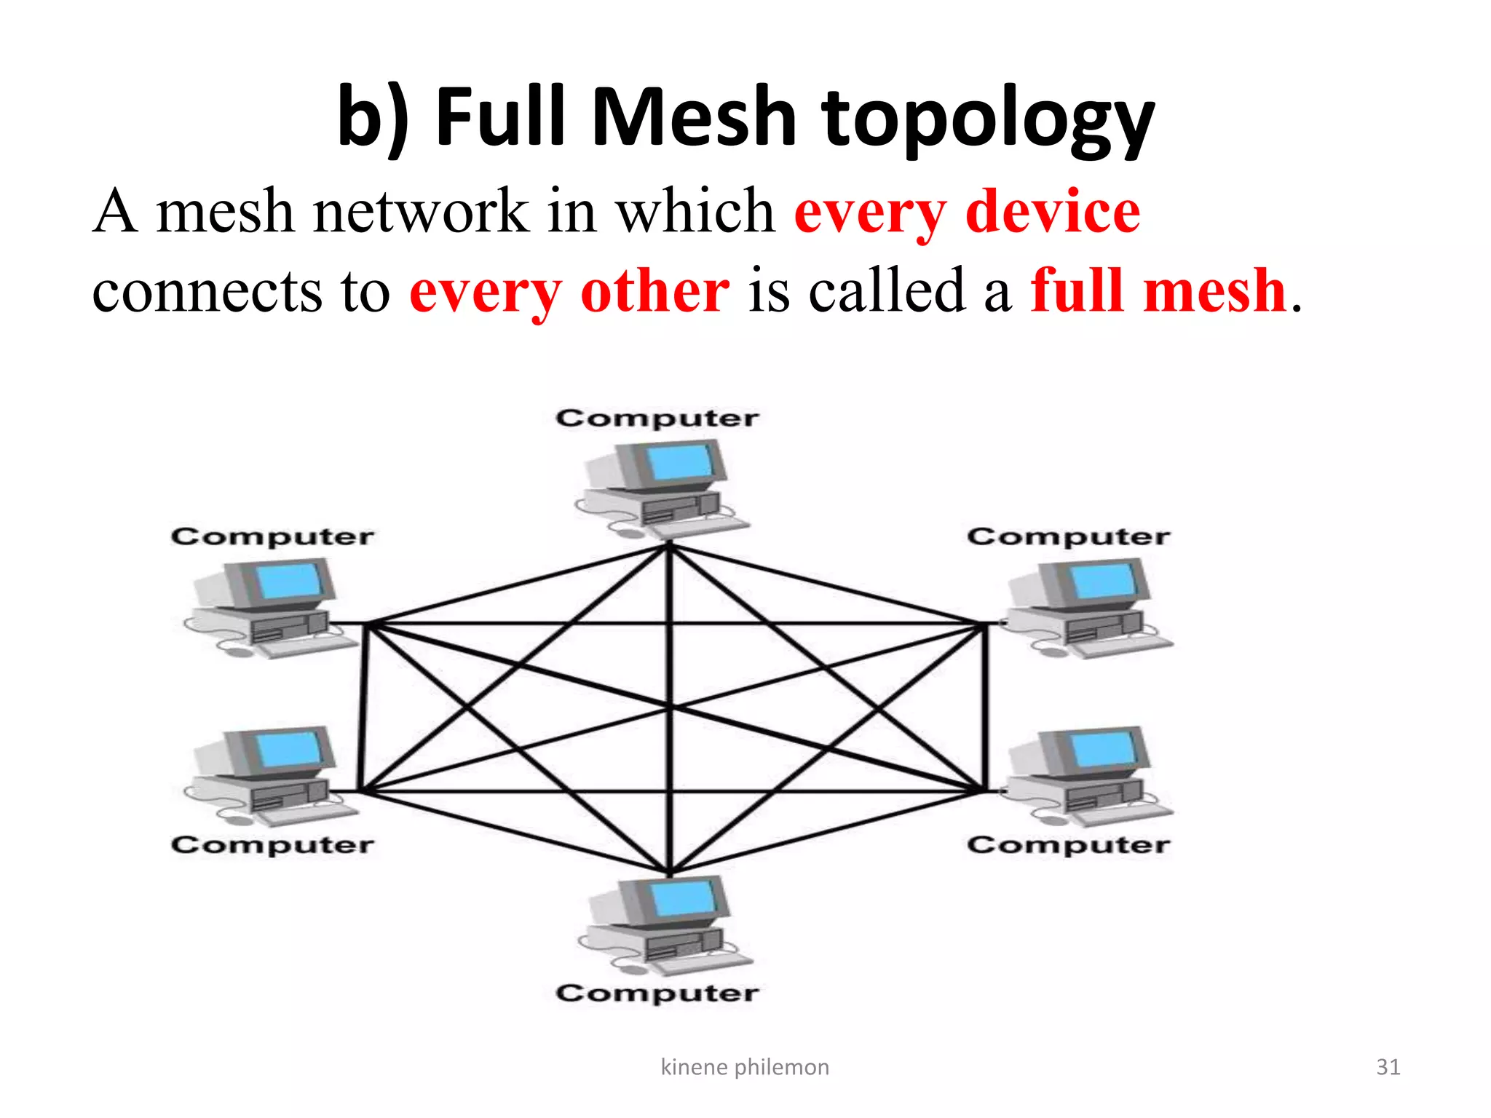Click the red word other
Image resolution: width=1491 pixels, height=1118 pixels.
[654, 290]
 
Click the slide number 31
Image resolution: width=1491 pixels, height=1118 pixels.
[1388, 1067]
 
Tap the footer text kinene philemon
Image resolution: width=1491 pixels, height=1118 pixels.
[744, 1067]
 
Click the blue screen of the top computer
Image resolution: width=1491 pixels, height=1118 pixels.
[680, 461]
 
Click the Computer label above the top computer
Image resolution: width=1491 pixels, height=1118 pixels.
[657, 419]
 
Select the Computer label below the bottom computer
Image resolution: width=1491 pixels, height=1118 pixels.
[657, 994]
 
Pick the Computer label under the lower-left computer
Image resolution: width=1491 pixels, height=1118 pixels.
[272, 845]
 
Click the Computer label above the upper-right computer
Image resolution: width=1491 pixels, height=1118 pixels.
[1068, 537]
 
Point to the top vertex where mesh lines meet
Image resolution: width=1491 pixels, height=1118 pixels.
[670, 546]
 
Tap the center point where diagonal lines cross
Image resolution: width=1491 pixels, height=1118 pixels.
[670, 707]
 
